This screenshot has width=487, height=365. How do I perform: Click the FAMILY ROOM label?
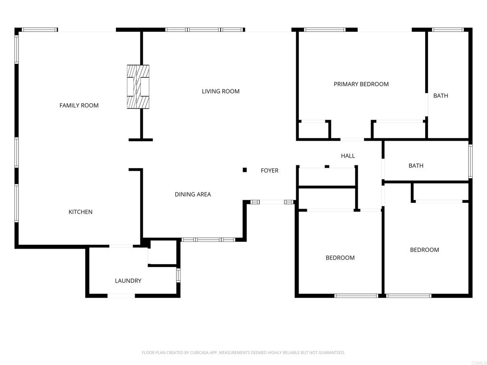pos(79,106)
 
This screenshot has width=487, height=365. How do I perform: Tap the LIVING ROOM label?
pos(221,91)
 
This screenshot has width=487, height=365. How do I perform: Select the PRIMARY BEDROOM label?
pos(361,84)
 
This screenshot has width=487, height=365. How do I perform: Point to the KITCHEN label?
pos(80,212)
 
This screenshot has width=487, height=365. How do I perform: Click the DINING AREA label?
pos(193,194)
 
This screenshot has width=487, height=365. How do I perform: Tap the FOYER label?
pos(270,171)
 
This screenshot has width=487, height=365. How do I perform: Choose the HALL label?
pos(348,156)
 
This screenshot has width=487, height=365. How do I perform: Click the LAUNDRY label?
pos(128,281)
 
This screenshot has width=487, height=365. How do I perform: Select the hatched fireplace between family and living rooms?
pos(138,86)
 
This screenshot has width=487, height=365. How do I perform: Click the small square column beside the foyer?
pos(245,170)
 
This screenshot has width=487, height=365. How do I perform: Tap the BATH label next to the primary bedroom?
pos(441,96)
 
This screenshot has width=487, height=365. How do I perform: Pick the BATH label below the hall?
pos(416,166)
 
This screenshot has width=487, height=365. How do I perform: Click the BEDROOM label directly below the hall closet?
pos(340,258)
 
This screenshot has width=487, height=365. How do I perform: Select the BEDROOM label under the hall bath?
pos(425,250)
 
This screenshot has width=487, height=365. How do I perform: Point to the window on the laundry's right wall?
pos(178,275)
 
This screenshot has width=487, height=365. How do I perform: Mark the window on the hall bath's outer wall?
pos(470,162)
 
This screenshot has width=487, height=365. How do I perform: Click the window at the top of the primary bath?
pos(448,30)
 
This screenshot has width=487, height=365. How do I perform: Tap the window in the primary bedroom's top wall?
pos(324,30)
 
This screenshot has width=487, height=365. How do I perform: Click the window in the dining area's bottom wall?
pos(208,240)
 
